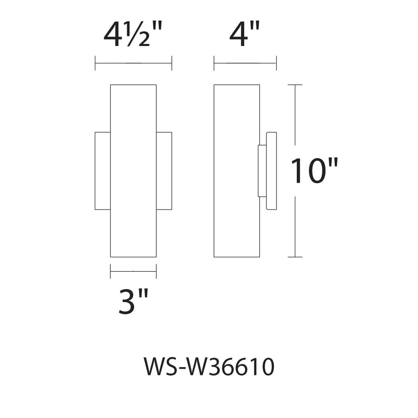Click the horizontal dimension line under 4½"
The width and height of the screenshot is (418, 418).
coord(133,64)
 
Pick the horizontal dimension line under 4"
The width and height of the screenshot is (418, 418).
coord(245,64)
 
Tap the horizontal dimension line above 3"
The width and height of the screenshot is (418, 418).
coord(133,271)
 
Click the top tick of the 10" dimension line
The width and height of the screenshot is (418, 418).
coord(295,85)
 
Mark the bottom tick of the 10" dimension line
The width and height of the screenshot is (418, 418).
coord(295,257)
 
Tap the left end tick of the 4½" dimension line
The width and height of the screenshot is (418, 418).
coord(95,64)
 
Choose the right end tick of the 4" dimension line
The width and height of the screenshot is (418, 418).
coord(276,64)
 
